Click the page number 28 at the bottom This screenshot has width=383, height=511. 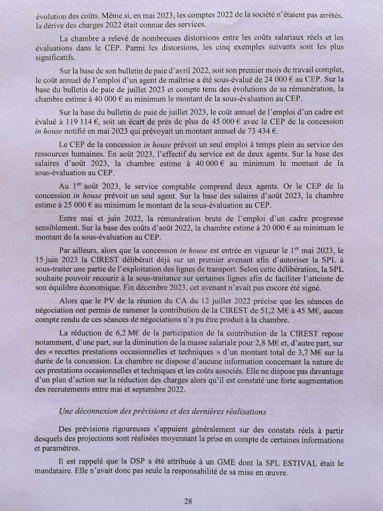tap(188, 501)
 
